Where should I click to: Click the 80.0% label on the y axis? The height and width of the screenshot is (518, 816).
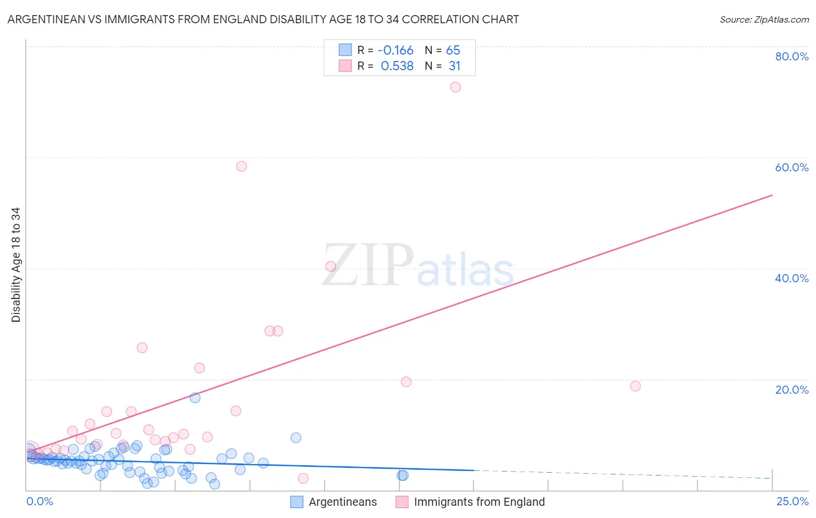(792, 56)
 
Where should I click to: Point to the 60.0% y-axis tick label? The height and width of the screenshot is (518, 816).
(792, 167)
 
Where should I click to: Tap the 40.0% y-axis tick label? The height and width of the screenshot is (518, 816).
(792, 278)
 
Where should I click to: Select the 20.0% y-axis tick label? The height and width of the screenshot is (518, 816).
(792, 389)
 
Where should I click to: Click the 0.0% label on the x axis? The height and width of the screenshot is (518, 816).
(39, 501)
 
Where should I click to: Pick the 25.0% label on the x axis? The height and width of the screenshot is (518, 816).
(792, 501)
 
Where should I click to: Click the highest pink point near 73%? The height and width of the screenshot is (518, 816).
(456, 87)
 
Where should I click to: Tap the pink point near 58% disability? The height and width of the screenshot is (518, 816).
(241, 166)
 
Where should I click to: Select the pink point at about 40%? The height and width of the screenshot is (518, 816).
(331, 267)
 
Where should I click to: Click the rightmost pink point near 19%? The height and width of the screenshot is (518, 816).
(636, 386)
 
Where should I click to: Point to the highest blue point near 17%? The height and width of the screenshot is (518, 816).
(195, 398)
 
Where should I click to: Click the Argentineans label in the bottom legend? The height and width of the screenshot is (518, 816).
(342, 502)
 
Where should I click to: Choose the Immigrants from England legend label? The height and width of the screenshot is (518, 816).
(479, 502)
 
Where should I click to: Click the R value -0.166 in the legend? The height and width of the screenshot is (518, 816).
(395, 50)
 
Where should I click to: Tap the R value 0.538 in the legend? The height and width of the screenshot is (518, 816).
(397, 66)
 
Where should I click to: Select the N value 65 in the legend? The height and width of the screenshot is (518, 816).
(453, 50)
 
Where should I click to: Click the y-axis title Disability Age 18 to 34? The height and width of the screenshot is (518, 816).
(16, 265)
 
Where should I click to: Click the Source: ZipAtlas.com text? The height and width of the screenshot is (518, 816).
(764, 20)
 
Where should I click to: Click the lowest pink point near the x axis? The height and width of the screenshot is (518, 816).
(303, 479)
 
